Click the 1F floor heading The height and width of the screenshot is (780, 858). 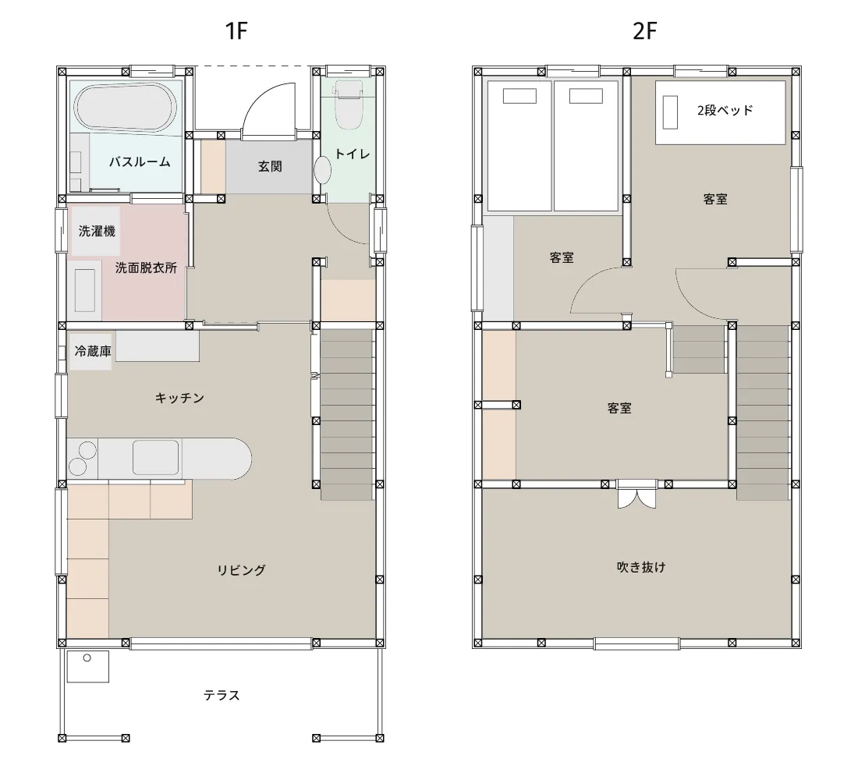coord(236,31)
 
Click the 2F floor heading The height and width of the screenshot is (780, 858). coord(644,31)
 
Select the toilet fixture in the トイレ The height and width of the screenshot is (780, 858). coord(348,104)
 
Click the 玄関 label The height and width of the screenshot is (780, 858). coord(270,166)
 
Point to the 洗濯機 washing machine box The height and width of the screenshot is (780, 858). coord(96,231)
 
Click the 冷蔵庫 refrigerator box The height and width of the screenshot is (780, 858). coord(91,351)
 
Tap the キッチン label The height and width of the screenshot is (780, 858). coord(179,398)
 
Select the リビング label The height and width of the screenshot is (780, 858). coord(241,570)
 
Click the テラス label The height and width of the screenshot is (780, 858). coord(222,695)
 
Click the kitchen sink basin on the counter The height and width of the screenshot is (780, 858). coord(155,458)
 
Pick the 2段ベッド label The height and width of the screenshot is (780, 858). coord(725,110)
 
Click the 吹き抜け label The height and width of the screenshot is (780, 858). coord(641,567)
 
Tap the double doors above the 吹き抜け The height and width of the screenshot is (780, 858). coord(636,495)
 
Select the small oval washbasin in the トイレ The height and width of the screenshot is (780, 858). coord(323,170)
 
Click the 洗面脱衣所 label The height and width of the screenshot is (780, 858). coord(146,268)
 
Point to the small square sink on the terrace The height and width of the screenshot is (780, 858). coord(87,666)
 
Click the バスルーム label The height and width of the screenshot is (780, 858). coord(140,162)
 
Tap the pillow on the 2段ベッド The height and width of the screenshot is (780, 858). coord(670,112)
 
